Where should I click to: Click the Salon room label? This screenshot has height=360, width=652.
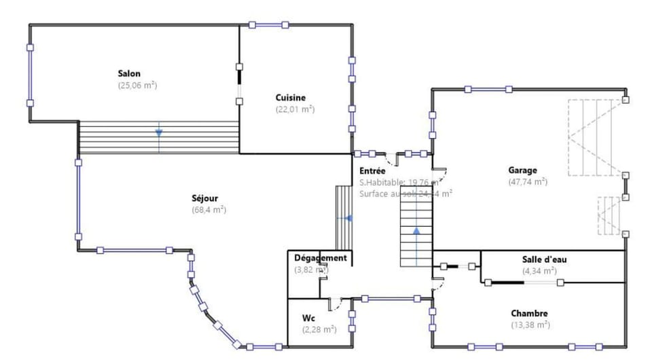[x=129, y=73]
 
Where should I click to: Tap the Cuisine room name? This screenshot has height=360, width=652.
[x=291, y=97]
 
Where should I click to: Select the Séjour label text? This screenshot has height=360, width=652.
[x=204, y=198]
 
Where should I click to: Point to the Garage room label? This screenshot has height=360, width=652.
[x=522, y=170]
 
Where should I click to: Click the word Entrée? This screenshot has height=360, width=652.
[x=372, y=171]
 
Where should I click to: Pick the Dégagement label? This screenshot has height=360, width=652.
[x=320, y=258]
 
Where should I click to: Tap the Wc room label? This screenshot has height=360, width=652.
[x=308, y=318]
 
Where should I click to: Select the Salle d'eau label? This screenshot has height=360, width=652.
[x=539, y=259]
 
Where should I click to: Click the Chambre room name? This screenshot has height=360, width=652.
[x=529, y=313]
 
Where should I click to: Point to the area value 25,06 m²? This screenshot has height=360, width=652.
[x=137, y=86]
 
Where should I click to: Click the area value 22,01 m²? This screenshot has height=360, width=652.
[x=295, y=109]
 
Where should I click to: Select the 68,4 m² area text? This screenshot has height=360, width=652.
[x=209, y=211]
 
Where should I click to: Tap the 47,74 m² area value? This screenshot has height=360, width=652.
[x=528, y=182]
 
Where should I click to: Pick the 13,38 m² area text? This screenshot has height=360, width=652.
[x=530, y=325]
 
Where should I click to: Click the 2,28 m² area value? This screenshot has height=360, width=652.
[x=319, y=330]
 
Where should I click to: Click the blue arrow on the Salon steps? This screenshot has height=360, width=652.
[x=159, y=132]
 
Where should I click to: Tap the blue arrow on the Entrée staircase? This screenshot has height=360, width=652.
[x=416, y=231]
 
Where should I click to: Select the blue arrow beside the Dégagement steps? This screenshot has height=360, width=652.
[x=348, y=219]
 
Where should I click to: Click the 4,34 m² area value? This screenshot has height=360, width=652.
[x=539, y=270]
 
